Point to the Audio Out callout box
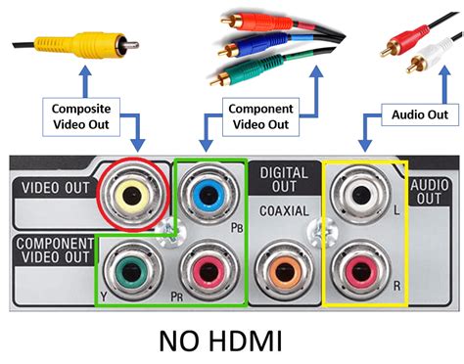point(413,115)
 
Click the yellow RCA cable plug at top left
point(55,44)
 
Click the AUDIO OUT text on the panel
point(427,189)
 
